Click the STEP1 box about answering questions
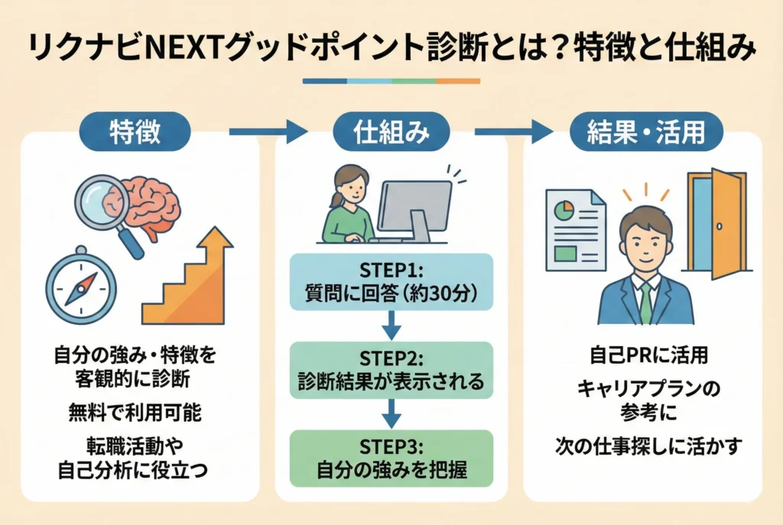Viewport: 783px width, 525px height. [391, 282]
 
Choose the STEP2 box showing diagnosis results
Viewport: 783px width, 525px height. [391, 371]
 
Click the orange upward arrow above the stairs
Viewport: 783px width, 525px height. [217, 244]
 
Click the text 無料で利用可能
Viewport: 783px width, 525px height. [134, 414]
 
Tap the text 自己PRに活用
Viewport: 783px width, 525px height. [647, 355]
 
